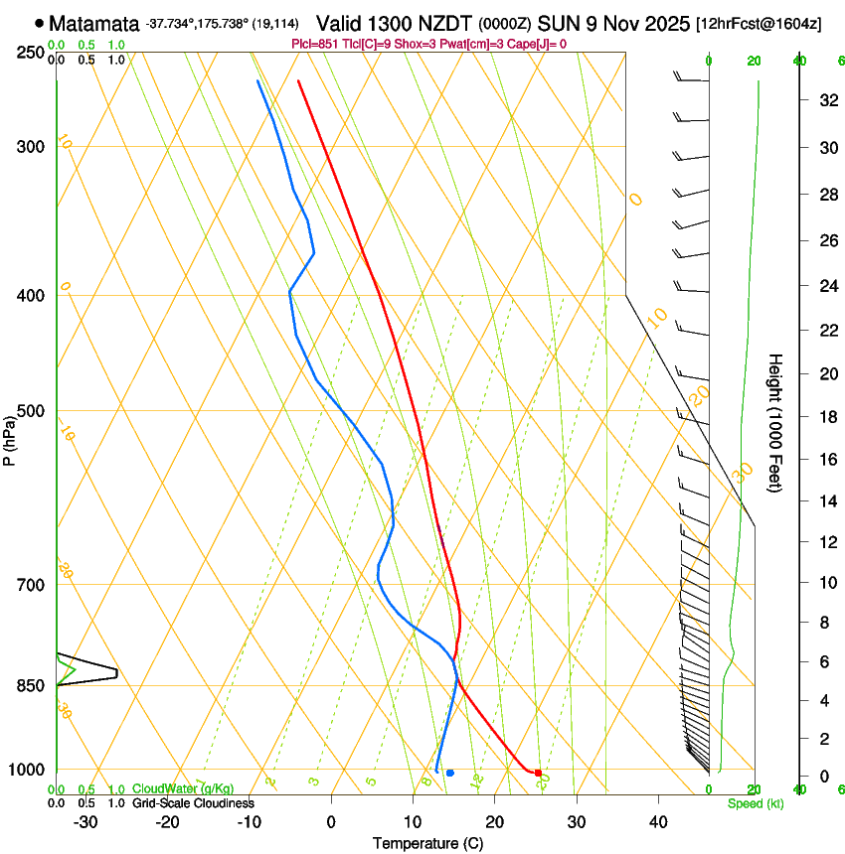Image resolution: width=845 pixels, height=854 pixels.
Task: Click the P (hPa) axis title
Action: (x=9, y=437)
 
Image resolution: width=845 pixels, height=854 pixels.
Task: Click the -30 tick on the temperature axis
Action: (x=85, y=822)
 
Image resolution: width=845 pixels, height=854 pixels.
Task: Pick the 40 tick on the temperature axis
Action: (x=658, y=822)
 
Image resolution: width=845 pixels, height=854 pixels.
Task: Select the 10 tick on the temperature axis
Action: (x=413, y=822)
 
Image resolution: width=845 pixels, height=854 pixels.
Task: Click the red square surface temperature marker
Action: (x=538, y=773)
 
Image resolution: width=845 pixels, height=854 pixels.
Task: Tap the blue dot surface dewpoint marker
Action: (x=450, y=773)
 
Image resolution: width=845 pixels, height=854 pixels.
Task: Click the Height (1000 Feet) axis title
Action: (x=776, y=422)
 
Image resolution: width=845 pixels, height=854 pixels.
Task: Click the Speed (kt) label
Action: (x=755, y=803)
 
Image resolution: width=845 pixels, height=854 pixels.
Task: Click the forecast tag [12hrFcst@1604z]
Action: (x=759, y=23)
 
